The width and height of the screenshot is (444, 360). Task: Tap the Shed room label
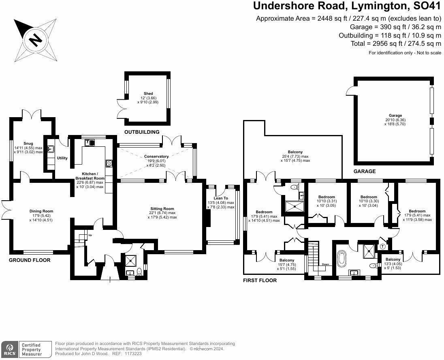pos(148,94)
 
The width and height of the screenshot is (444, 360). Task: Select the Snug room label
pos(28,144)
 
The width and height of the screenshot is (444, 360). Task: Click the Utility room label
pos(62,158)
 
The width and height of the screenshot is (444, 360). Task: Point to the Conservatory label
pos(156,156)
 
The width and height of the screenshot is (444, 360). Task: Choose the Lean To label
pos(221,198)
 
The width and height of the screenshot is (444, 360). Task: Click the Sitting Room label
pos(162,209)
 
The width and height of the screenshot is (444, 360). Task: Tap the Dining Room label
pos(41,211)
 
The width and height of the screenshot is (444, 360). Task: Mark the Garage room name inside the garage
pos(395,116)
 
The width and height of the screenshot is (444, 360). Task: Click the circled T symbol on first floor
pos(382,246)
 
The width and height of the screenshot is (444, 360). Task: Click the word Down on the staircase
pos(325,264)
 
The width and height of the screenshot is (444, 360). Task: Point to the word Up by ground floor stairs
pos(90,235)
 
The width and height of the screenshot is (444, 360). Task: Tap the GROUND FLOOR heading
pos(30,260)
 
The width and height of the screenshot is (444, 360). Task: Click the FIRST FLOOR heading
pos(260,281)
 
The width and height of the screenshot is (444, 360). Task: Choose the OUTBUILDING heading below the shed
pos(142,132)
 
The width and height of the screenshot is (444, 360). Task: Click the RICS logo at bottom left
pos(9,349)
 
